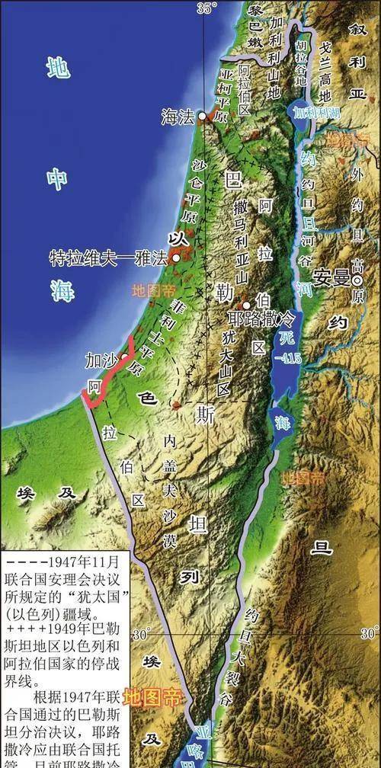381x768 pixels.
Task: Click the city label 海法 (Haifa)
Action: click(x=177, y=117)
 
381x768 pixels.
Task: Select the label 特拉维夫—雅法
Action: click(x=108, y=258)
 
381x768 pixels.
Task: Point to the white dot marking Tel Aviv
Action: click(x=176, y=258)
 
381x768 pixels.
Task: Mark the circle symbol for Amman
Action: click(x=354, y=277)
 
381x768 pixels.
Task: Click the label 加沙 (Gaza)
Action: click(x=101, y=359)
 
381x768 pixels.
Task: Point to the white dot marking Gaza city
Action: click(x=124, y=356)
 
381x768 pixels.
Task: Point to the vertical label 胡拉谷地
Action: click(x=302, y=61)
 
